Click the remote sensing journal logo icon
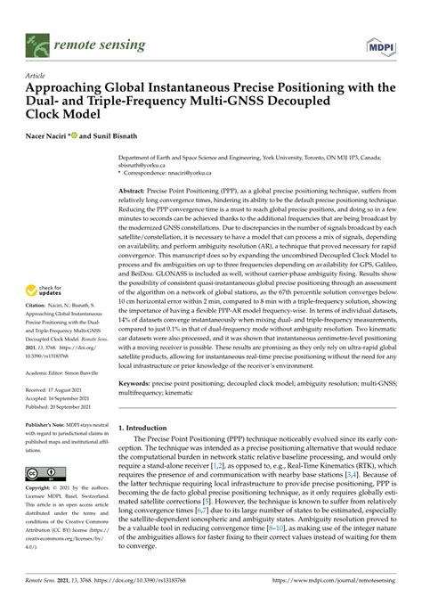[x=37, y=42]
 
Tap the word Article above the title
[x=37, y=78]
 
